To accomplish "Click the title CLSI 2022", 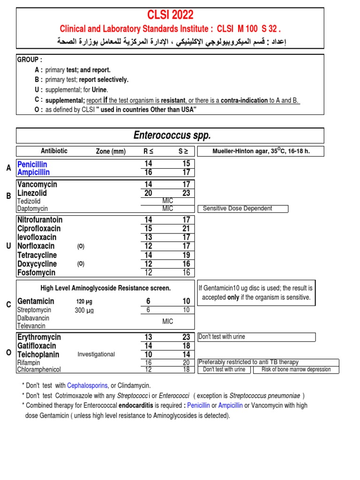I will [171, 15].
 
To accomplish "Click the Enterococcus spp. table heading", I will [172, 136].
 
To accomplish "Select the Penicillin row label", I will [32, 165].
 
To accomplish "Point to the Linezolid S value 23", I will [187, 193].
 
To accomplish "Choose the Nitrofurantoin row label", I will [40, 220].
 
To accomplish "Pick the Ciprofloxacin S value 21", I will [187, 229].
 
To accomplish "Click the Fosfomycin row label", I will [36, 273].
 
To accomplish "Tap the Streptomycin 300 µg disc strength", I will [84, 310].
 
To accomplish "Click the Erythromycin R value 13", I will [148, 337].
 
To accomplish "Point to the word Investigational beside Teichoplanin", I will [96, 354].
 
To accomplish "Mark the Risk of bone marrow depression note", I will [296, 369].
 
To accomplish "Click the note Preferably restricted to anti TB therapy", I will [248, 362].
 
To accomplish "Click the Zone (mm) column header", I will [111, 151].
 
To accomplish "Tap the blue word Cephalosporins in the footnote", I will [87, 385].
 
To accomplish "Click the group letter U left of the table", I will [8, 246].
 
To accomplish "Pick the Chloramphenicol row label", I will [39, 370].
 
